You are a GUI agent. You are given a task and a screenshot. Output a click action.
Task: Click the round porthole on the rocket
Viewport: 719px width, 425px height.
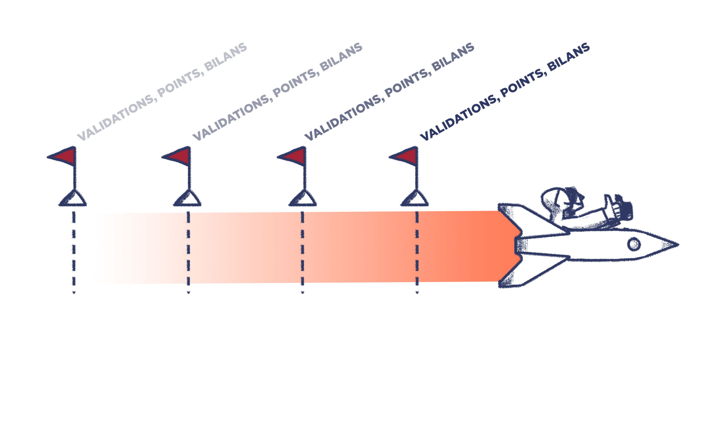634,244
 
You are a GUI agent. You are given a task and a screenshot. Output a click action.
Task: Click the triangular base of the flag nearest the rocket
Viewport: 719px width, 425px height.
415,199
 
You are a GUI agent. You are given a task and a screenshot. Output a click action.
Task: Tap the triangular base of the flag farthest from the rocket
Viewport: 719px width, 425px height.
73,199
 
